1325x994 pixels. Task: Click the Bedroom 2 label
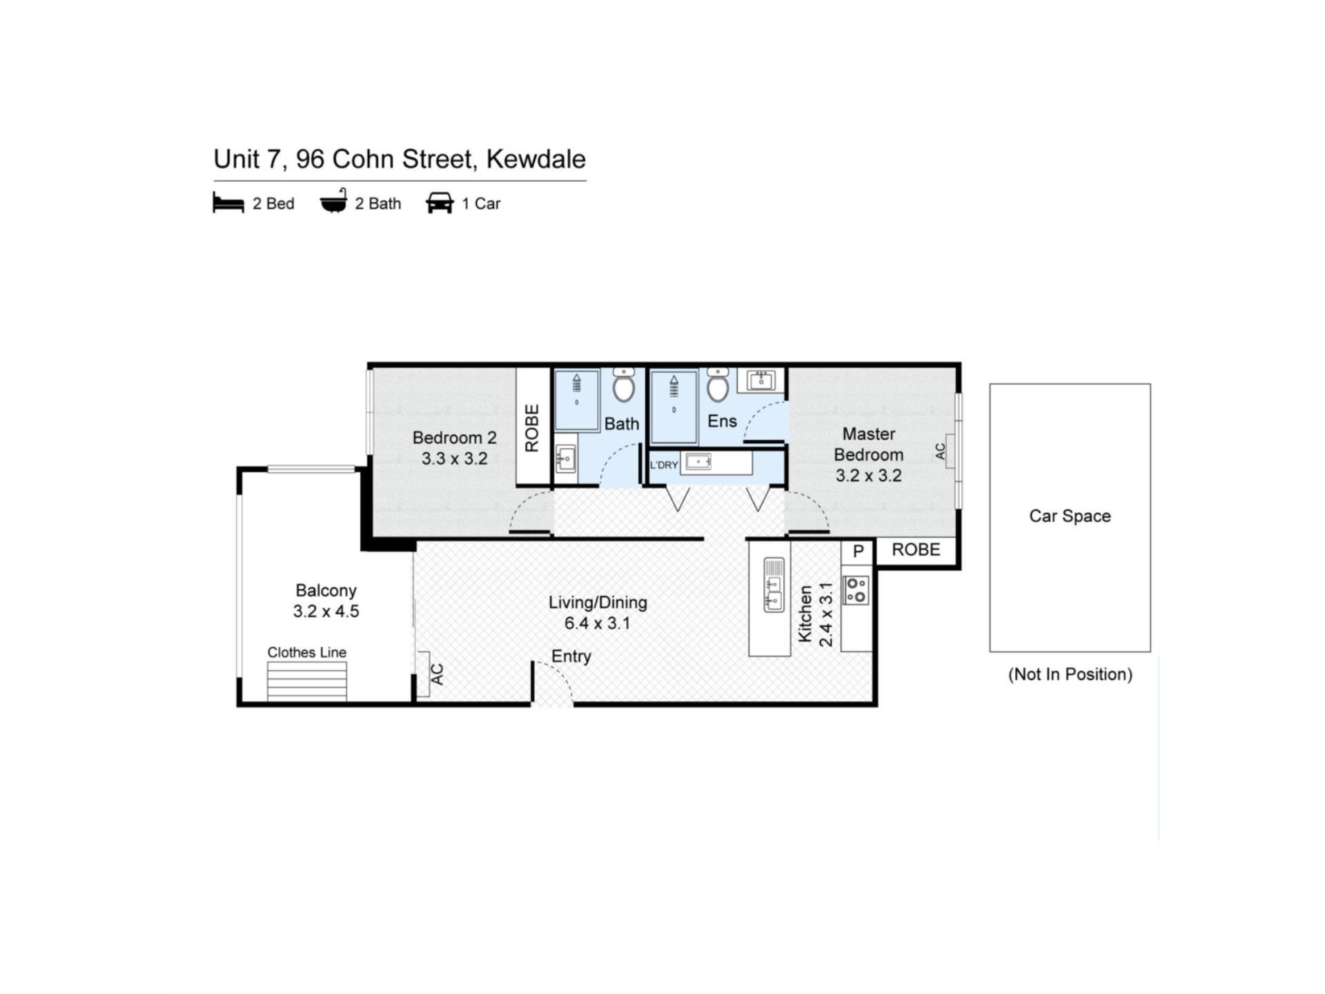click(x=454, y=438)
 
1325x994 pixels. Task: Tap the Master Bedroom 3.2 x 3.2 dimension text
click(x=868, y=476)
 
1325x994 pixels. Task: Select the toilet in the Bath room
click(x=624, y=384)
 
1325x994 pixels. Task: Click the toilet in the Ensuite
click(x=718, y=384)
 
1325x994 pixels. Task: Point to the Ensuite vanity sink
click(x=761, y=380)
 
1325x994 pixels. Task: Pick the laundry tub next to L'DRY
click(x=698, y=462)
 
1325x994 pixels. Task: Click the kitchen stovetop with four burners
click(x=856, y=589)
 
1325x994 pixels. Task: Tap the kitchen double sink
click(x=774, y=585)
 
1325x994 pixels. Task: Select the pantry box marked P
click(x=858, y=552)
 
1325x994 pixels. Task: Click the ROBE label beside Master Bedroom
click(x=916, y=549)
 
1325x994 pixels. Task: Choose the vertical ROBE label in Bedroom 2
click(x=531, y=428)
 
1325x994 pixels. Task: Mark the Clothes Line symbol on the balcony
click(x=307, y=681)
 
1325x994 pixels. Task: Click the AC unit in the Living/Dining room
click(x=423, y=674)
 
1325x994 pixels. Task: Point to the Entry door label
click(x=571, y=656)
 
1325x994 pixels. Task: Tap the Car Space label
click(x=1070, y=516)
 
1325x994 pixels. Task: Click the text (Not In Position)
click(x=1070, y=674)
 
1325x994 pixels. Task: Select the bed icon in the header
click(x=228, y=204)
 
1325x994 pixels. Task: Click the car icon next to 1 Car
click(x=440, y=203)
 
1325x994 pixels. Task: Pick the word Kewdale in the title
click(x=536, y=159)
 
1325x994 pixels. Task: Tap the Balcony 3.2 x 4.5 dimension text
click(x=326, y=612)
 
